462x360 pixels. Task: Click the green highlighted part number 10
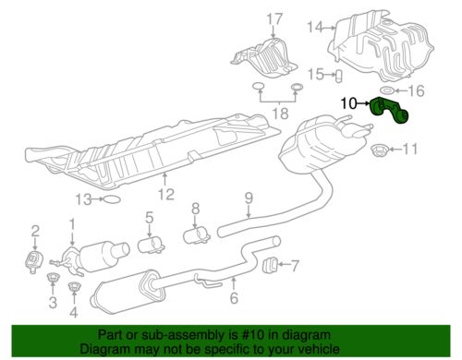click(389, 111)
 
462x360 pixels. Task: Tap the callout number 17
click(274, 19)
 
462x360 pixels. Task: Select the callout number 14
click(315, 28)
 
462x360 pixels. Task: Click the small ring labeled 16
click(386, 90)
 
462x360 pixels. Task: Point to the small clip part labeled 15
click(339, 76)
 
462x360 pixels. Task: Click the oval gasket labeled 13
click(111, 200)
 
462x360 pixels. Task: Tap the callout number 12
click(166, 194)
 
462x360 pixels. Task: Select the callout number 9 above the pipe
click(249, 198)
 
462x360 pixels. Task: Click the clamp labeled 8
click(197, 236)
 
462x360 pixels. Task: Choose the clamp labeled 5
click(151, 245)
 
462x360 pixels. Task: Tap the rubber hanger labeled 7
click(271, 265)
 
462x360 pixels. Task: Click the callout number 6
click(234, 297)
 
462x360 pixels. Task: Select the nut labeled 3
click(53, 278)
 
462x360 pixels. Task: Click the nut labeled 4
click(74, 287)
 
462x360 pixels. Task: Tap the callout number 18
click(281, 114)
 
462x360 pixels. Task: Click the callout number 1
click(72, 224)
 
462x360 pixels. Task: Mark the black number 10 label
click(348, 103)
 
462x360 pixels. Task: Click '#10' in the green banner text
click(253, 335)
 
